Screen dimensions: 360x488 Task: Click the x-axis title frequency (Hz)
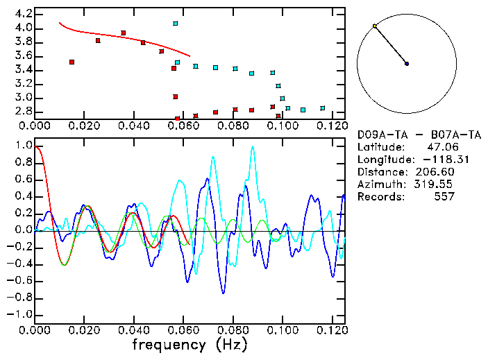(189, 345)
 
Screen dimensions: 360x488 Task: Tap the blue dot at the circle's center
(407, 64)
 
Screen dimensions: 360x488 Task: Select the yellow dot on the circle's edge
(375, 26)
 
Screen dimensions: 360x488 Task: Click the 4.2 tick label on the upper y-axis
(24, 14)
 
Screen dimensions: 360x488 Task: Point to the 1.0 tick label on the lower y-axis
(24, 146)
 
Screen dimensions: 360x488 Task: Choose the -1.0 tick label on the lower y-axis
(21, 314)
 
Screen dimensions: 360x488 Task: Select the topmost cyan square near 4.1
(176, 24)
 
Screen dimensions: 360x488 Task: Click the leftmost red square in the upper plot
(72, 62)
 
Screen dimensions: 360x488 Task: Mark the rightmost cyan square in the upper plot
(323, 108)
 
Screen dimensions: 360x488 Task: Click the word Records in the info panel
(379, 196)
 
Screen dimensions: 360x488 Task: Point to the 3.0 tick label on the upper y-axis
(24, 98)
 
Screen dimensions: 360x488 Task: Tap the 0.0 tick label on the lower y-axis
(24, 230)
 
